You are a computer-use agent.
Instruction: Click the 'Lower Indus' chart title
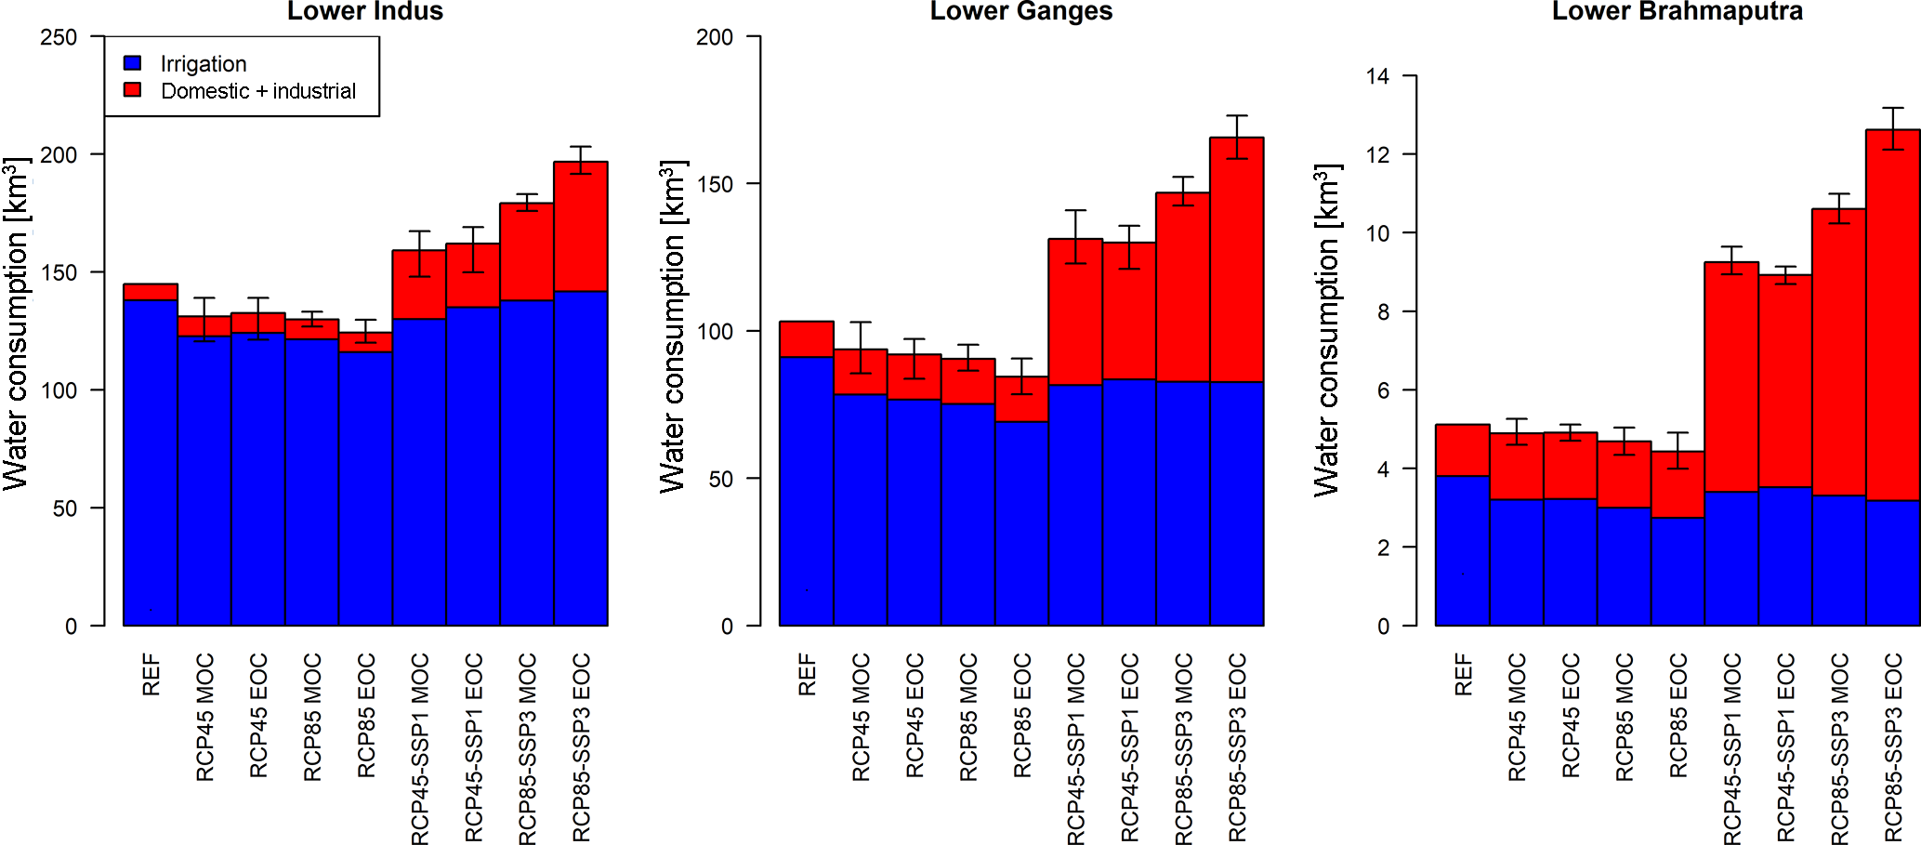364,11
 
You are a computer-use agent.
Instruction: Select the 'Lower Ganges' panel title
1020,11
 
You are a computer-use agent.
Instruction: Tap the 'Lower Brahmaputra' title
1677,11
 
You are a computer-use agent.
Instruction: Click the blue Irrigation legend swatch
133,63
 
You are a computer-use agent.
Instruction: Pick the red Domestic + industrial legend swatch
133,90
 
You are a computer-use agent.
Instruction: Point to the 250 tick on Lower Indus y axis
59,37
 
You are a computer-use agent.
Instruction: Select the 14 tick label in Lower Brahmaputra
1377,76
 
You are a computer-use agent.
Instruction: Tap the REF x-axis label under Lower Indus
151,675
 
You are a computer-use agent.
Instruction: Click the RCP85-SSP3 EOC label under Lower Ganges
1237,747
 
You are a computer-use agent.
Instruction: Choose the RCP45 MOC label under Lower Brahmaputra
1517,717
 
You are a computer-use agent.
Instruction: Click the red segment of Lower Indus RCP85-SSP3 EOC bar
581,227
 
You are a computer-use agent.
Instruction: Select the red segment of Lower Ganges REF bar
806,339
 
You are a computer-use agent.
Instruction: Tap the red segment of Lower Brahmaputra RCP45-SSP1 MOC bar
1731,376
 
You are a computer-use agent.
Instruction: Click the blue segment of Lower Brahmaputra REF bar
1463,550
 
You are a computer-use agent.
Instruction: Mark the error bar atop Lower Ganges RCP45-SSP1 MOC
1075,237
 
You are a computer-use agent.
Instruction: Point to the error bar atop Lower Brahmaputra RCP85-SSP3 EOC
1893,128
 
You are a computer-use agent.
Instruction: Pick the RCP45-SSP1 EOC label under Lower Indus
473,747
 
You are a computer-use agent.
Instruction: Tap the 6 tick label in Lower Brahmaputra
1383,390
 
